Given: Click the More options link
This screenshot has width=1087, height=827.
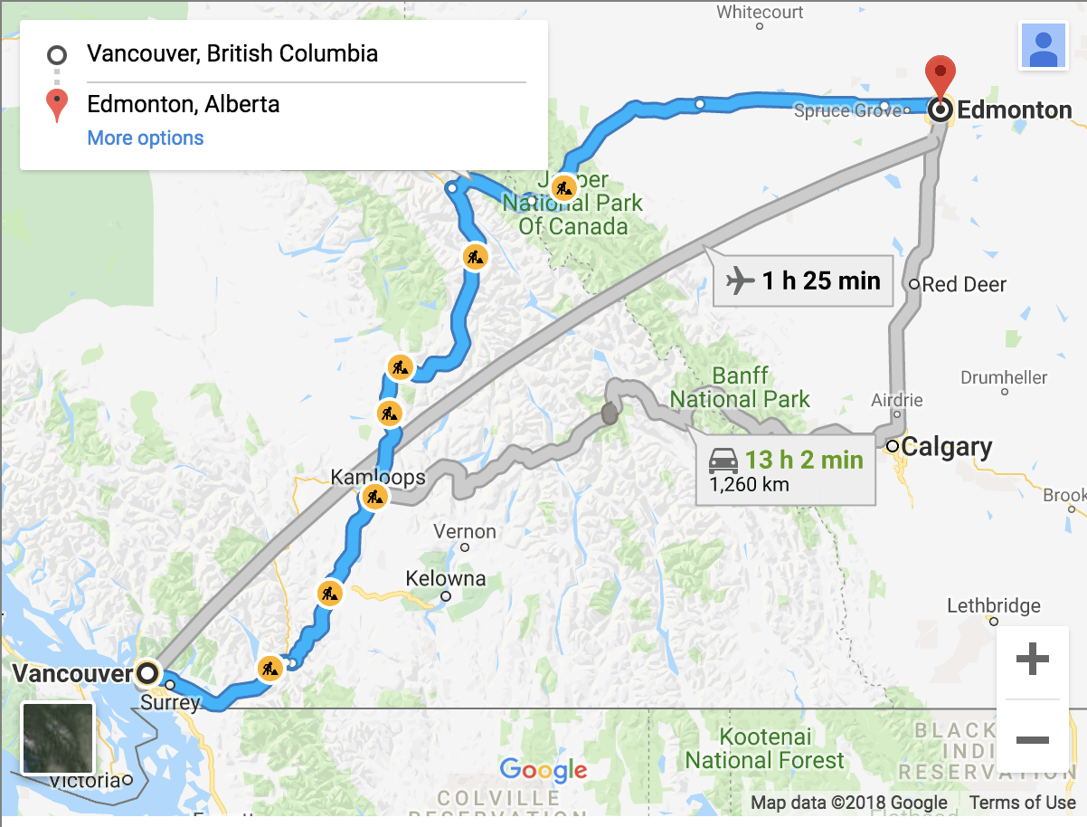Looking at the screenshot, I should coord(146,138).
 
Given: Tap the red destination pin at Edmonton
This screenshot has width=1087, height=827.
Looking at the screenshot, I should coord(940,80).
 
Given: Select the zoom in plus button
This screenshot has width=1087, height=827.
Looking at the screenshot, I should coord(1032,660).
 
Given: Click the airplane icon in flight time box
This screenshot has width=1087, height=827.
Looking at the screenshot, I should coord(740,281).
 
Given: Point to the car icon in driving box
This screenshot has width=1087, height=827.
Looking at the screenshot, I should coord(723,461).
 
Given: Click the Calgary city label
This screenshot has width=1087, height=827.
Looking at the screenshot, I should coord(946,447).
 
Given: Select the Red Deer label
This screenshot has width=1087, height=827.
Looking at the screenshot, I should coord(964,285).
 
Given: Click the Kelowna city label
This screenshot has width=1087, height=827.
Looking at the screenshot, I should coord(445,579).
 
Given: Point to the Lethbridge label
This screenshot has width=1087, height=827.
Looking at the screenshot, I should coord(993,606).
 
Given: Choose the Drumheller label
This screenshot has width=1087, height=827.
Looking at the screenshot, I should coord(1004,378).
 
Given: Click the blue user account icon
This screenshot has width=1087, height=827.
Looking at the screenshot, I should coord(1043,45).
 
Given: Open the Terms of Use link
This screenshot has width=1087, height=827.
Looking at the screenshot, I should coord(1022,803).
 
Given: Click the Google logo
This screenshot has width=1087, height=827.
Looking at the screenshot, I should coord(543,771).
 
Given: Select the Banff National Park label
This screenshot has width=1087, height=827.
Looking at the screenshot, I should coord(740,387).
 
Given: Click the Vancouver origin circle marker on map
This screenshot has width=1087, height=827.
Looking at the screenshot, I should coord(147,673).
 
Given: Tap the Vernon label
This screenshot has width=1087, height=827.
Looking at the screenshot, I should coord(465,532).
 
